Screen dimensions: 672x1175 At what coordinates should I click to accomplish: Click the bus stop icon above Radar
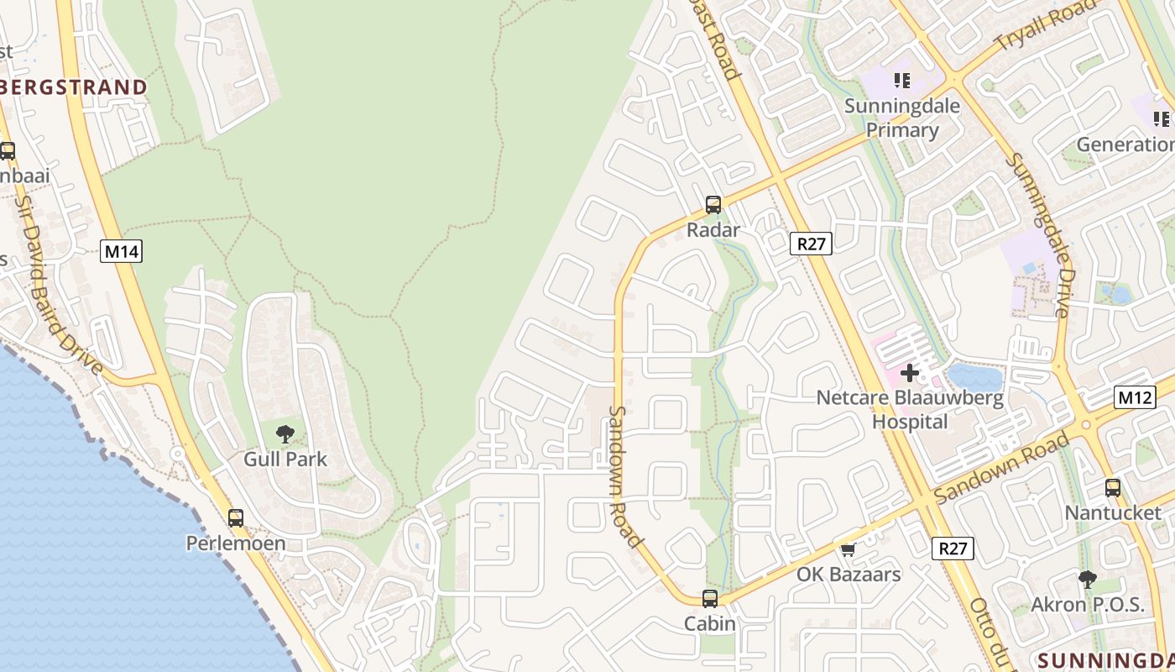pos(713,204)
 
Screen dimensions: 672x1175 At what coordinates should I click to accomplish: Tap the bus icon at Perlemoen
pos(236,517)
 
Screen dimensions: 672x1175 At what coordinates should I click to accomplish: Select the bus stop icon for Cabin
pos(710,598)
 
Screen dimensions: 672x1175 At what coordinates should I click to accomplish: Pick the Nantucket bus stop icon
pos(1113,487)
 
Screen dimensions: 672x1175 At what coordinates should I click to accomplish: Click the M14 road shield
pos(121,251)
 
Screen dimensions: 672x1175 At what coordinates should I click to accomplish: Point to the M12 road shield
pos(1136,396)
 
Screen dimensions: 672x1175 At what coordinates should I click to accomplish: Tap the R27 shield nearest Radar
pos(812,244)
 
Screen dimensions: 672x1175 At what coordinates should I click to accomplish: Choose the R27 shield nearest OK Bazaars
pos(953,549)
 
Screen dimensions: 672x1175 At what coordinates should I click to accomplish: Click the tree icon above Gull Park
pos(285,434)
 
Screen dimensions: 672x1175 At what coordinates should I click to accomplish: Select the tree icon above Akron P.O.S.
pos(1088,579)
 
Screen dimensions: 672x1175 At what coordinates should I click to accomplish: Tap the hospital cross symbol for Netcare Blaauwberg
pos(910,372)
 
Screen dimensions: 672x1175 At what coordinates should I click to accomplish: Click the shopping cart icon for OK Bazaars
pos(848,550)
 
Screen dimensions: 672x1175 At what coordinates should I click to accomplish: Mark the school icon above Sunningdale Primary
pos(902,81)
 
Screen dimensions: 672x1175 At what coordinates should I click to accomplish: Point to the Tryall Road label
pos(1045,25)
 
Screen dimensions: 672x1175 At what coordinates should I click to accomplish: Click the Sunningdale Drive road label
pos(1039,235)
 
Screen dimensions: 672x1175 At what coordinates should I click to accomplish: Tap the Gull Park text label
pos(285,459)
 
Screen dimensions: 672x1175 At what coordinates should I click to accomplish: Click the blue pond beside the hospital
pos(975,377)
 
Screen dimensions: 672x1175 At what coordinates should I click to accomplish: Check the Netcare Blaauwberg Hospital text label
pos(910,409)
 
